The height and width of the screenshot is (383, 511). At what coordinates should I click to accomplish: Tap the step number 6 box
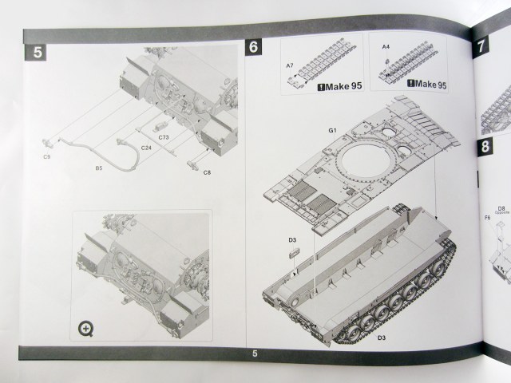pos(254,47)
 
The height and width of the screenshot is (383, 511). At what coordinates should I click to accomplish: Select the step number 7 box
pos(482,45)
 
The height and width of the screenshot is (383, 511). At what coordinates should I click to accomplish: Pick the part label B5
pos(99,168)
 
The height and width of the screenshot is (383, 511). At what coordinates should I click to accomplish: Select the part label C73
pos(163,138)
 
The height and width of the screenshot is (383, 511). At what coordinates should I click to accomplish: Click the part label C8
pos(208,172)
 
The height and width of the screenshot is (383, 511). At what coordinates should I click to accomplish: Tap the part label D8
pos(501,208)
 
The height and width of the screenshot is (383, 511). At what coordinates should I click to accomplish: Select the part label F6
pos(486,217)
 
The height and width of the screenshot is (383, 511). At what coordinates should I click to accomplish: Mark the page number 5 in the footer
pos(254,353)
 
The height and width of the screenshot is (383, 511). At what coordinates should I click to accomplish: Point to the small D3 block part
pos(293,252)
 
